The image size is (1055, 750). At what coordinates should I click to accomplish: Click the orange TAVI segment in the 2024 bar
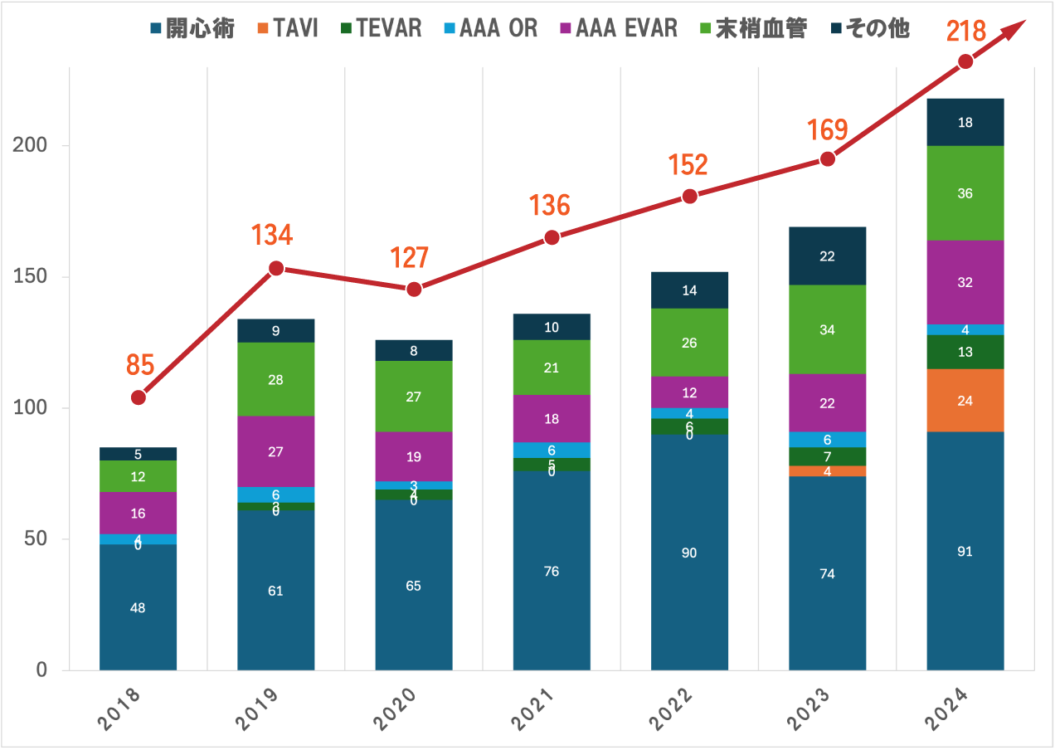click(965, 401)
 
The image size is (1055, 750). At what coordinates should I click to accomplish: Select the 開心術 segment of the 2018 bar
click(138, 606)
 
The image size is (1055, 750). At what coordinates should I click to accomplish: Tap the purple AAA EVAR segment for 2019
click(276, 451)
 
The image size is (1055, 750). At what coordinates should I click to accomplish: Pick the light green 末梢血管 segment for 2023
click(827, 329)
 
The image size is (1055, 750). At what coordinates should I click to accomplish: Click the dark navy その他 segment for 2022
click(689, 290)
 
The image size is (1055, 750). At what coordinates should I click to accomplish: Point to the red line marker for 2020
click(414, 289)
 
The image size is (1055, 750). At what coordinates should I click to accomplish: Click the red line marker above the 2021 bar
click(552, 237)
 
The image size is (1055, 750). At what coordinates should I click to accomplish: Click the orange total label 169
click(828, 130)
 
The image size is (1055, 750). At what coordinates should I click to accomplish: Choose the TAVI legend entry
click(287, 28)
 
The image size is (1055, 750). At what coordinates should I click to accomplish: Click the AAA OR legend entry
click(489, 28)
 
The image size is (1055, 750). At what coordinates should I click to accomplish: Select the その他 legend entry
click(870, 28)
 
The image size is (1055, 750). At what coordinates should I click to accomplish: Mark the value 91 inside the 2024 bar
click(965, 552)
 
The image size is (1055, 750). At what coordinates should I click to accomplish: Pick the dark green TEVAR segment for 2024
click(965, 352)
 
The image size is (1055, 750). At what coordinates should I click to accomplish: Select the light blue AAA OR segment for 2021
click(552, 450)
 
